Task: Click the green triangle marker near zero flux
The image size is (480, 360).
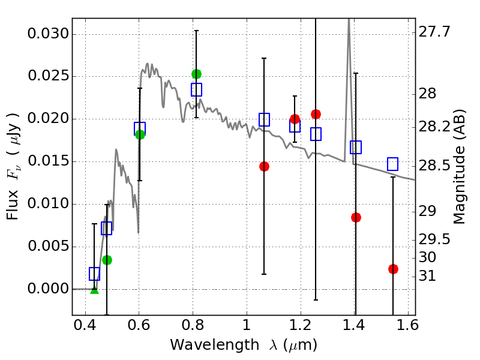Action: pyautogui.click(x=94, y=290)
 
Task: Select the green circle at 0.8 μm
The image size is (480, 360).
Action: pyautogui.click(x=196, y=74)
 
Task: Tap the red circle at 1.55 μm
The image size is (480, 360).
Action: pyautogui.click(x=393, y=269)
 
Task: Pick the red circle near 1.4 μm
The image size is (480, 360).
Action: pyautogui.click(x=356, y=217)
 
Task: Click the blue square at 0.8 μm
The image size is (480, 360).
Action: pyautogui.click(x=196, y=89)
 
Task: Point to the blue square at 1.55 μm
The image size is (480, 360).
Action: pyautogui.click(x=393, y=164)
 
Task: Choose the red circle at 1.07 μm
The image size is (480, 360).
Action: pyautogui.click(x=264, y=166)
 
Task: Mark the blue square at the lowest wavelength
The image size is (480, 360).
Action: pyautogui.click(x=94, y=274)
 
